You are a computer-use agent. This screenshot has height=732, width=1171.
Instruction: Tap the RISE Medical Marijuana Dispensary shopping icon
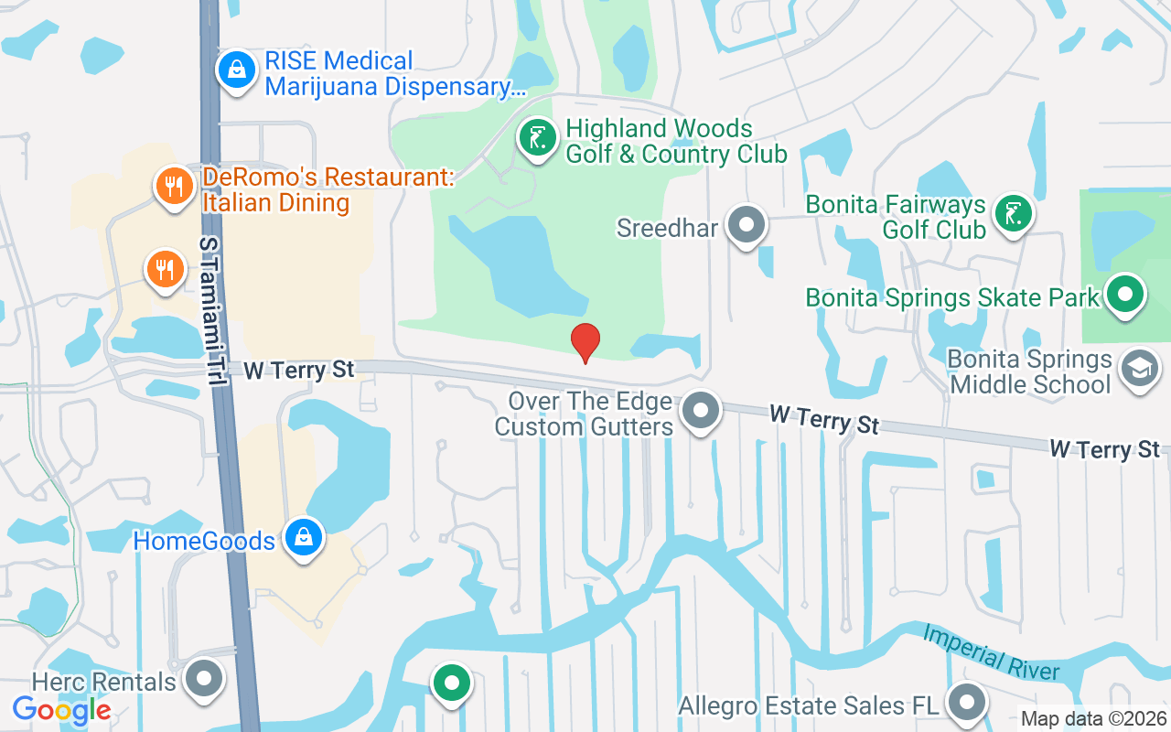point(237,70)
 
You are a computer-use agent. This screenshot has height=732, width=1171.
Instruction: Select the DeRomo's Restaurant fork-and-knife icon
point(172,187)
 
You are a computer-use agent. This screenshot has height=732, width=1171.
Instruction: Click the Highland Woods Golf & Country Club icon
point(538,139)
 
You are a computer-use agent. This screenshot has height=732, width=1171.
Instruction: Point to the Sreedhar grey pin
point(747,224)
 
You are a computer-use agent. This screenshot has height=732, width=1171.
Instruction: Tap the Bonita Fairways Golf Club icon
point(1013,214)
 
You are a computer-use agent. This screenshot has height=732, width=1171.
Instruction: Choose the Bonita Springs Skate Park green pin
point(1125,295)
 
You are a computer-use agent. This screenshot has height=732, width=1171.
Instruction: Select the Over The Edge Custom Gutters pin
point(702,411)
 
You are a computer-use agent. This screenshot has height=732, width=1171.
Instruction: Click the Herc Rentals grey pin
point(204,680)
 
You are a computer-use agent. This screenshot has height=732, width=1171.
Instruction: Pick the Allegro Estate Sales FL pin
point(966,704)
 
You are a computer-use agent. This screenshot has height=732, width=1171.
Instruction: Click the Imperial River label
point(991,651)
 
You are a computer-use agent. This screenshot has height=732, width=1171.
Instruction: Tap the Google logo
point(62,709)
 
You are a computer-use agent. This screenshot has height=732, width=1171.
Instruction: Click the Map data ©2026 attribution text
point(1094,719)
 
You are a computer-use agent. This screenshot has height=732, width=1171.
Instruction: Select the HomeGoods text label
point(204,541)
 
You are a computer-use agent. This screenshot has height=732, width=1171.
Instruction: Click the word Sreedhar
point(667,228)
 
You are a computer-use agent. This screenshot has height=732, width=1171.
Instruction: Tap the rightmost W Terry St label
point(1104,449)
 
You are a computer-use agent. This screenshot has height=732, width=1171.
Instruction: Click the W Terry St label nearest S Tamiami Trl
point(299,370)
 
